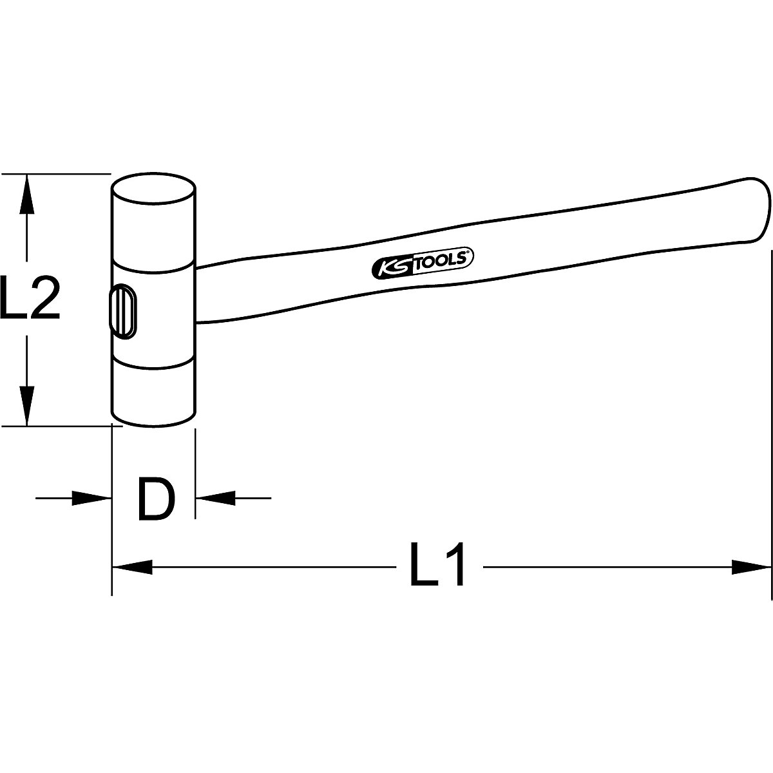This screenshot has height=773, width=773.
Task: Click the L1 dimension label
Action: pos(437,566)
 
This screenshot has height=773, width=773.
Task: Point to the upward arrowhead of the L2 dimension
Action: pos(26,193)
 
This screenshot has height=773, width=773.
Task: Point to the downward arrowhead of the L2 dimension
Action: pos(26,406)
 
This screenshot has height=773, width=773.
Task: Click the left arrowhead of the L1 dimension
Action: pos(132,567)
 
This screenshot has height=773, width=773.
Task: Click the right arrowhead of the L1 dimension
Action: pos(751,567)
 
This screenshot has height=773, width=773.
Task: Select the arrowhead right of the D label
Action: pos(215,497)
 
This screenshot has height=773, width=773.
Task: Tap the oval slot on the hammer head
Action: pos(122,312)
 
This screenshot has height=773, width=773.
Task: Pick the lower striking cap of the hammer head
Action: pos(154,393)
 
